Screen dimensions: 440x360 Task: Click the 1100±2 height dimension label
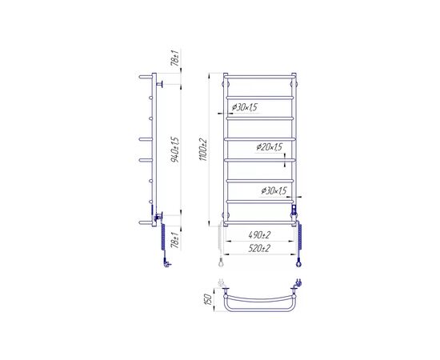coord(203,150)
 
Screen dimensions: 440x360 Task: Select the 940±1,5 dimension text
coord(175,150)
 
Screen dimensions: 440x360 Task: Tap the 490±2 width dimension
coord(259,234)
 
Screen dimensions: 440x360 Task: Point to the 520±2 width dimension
coord(259,248)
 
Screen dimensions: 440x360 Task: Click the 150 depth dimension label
coord(208,300)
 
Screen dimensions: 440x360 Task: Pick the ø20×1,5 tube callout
coord(269,146)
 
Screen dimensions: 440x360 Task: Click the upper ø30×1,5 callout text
coord(245,107)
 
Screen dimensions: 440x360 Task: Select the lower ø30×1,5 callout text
coord(274,191)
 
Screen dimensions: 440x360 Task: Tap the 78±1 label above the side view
coord(175,58)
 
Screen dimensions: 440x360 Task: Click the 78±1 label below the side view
coord(175,239)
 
